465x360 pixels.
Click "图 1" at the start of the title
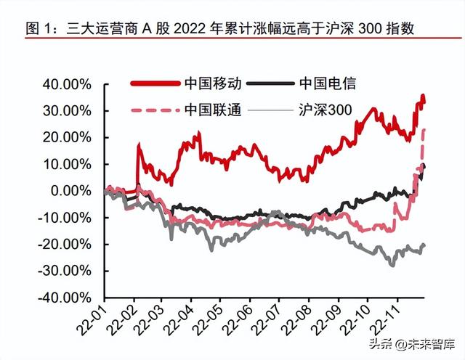pos(38,29)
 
